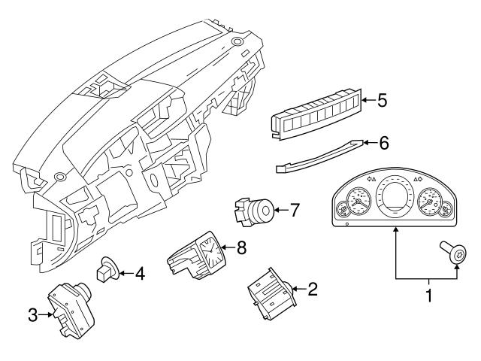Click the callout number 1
click(x=430, y=296)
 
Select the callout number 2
click(x=313, y=287)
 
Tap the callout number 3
click(x=33, y=315)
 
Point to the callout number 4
click(x=139, y=274)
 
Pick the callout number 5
click(x=382, y=100)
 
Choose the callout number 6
click(x=383, y=141)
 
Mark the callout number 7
click(x=294, y=210)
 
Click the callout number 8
click(x=240, y=247)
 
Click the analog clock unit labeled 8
click(x=198, y=253)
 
